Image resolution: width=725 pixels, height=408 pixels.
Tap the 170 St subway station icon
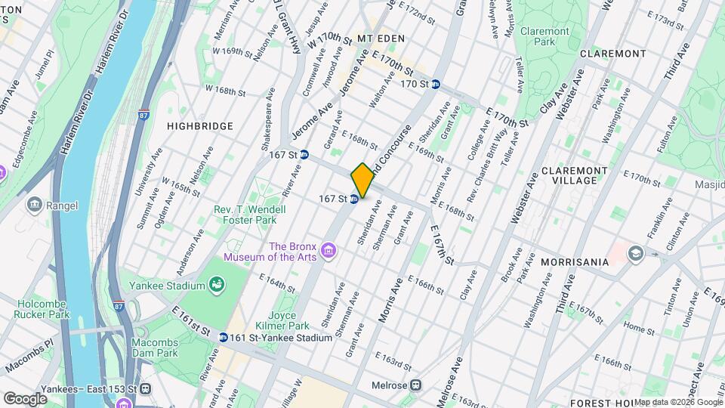[x=437, y=84]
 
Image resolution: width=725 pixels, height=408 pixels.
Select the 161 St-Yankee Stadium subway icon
[x=224, y=338]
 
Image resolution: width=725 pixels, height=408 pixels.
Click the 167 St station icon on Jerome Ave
[x=304, y=154]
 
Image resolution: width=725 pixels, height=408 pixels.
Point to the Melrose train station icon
[x=415, y=385]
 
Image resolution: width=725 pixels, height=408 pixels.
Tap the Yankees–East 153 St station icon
[x=145, y=388]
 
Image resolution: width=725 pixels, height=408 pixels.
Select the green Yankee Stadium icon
[x=217, y=286]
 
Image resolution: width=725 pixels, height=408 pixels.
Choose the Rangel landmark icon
[x=35, y=205]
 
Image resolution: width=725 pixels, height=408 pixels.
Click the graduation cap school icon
[x=634, y=252]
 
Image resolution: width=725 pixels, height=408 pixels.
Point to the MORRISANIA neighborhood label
[x=574, y=262]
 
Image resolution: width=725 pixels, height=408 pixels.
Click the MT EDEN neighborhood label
[x=381, y=39]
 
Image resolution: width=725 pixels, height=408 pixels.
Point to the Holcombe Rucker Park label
[x=42, y=309]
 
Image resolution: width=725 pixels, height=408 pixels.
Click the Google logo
[x=25, y=398]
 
